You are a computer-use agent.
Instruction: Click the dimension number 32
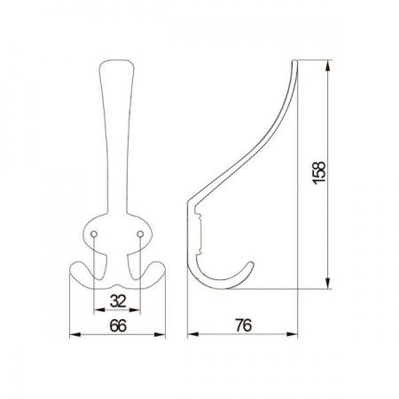pos(118,301)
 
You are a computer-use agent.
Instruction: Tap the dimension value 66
pos(118,325)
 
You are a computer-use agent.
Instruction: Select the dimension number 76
pos(244,325)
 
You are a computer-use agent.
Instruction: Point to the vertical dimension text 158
pos(319,173)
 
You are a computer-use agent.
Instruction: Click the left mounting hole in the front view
pos(94,234)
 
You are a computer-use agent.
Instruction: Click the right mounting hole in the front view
pos(140,234)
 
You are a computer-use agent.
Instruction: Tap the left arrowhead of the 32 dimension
pos(98,310)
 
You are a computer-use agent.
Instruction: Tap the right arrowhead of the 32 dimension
pos(135,310)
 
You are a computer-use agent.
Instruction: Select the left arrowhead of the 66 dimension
pos(74,334)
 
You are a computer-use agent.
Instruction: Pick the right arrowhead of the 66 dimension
pos(160,334)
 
